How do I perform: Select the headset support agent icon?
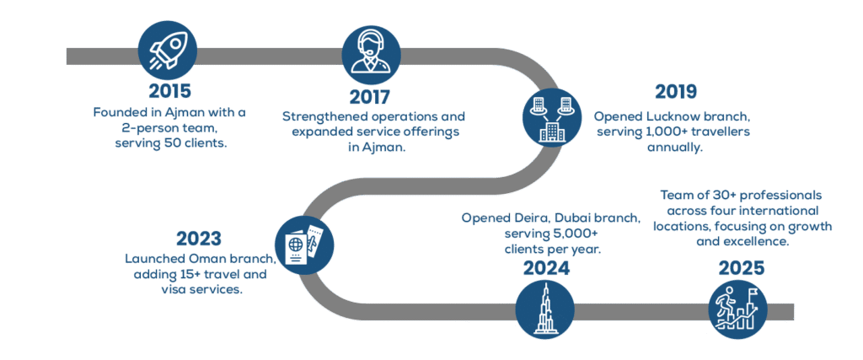pyautogui.click(x=371, y=53)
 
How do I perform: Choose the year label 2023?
pyautogui.click(x=201, y=239)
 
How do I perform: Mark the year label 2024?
pyautogui.click(x=544, y=269)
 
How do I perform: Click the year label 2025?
pyautogui.click(x=742, y=269)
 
